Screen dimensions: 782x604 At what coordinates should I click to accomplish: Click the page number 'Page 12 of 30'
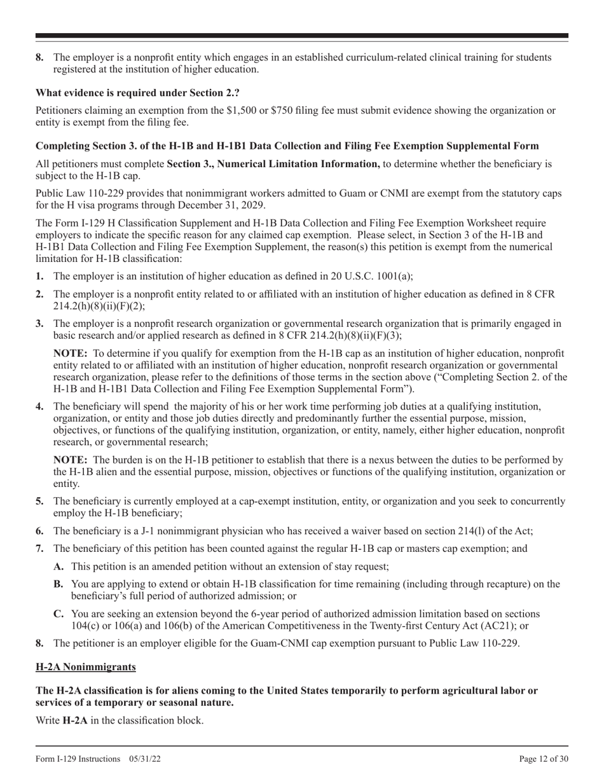(x=543, y=758)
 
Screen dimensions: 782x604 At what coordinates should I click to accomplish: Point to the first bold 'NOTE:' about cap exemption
(x=71, y=353)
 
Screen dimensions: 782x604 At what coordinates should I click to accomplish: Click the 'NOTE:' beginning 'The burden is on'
(x=71, y=460)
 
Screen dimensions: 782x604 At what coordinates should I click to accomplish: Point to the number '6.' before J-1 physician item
(x=40, y=531)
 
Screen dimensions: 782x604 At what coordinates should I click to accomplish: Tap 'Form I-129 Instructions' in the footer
(x=78, y=758)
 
